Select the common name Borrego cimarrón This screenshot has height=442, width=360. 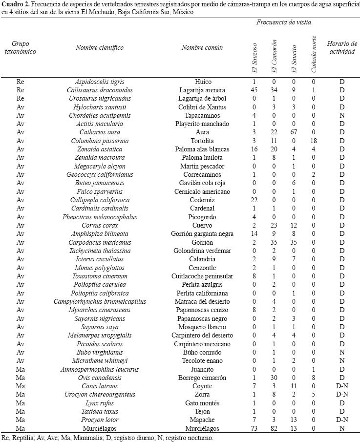coord(210,378)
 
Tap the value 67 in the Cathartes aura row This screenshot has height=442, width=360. coord(294,132)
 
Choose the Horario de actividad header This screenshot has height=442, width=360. coord(342,47)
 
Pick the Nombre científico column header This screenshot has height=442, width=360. coord(100,47)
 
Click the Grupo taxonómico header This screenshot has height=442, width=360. coord(21,47)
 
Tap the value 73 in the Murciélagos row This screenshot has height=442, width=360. coord(254,428)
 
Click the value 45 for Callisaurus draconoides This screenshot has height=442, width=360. coord(254,90)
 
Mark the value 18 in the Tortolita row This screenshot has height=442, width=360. coord(314,141)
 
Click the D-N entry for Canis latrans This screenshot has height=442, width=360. coord(342,386)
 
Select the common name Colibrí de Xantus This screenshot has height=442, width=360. coord(210,107)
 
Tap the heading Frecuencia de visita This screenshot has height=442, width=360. coord(283,22)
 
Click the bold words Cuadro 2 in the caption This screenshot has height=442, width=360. coord(15,4)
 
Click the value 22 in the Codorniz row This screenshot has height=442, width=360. coord(254,200)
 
